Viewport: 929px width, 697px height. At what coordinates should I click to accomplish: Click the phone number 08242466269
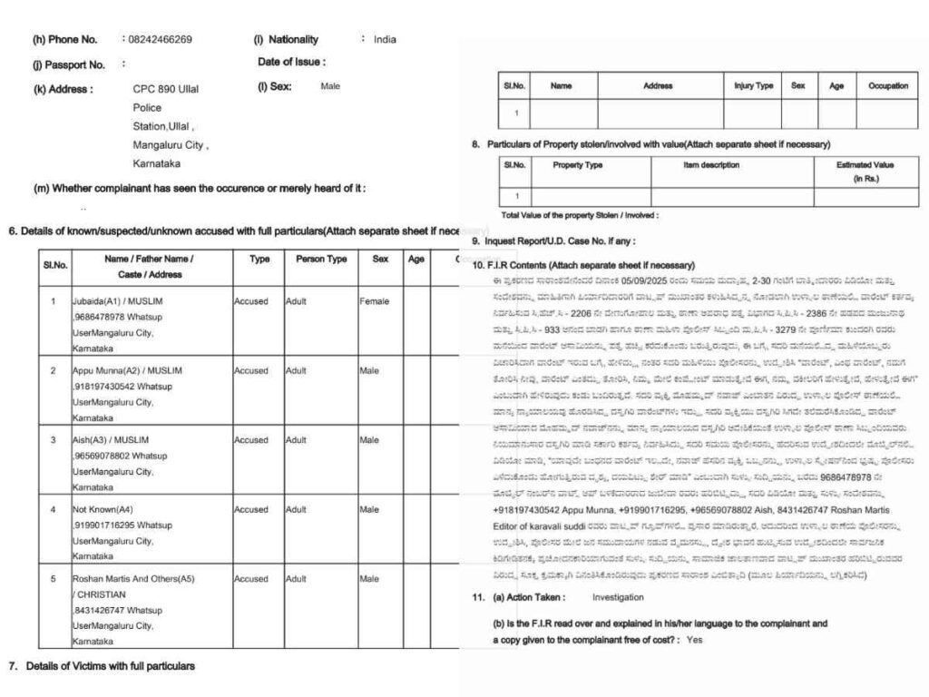pyautogui.click(x=160, y=40)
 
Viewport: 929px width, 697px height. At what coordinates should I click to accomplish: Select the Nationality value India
pyautogui.click(x=385, y=40)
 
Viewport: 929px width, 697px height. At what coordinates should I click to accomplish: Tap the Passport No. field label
pyautogui.click(x=69, y=64)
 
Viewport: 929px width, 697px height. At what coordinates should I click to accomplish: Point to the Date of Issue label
pyautogui.click(x=291, y=63)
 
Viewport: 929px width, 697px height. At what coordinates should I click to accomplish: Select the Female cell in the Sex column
pyautogui.click(x=374, y=300)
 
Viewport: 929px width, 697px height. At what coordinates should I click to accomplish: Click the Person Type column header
pyautogui.click(x=321, y=259)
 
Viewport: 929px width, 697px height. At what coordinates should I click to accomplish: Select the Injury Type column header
pyautogui.click(x=753, y=86)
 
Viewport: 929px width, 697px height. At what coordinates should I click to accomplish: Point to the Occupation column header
pyautogui.click(x=887, y=86)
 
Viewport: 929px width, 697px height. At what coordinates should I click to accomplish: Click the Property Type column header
pyautogui.click(x=578, y=165)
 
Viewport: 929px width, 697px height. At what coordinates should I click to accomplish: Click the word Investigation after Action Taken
pyautogui.click(x=618, y=597)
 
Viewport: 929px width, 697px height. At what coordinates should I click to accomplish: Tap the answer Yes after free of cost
pyautogui.click(x=695, y=640)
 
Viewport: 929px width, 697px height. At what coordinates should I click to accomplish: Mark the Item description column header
pyautogui.click(x=711, y=165)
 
